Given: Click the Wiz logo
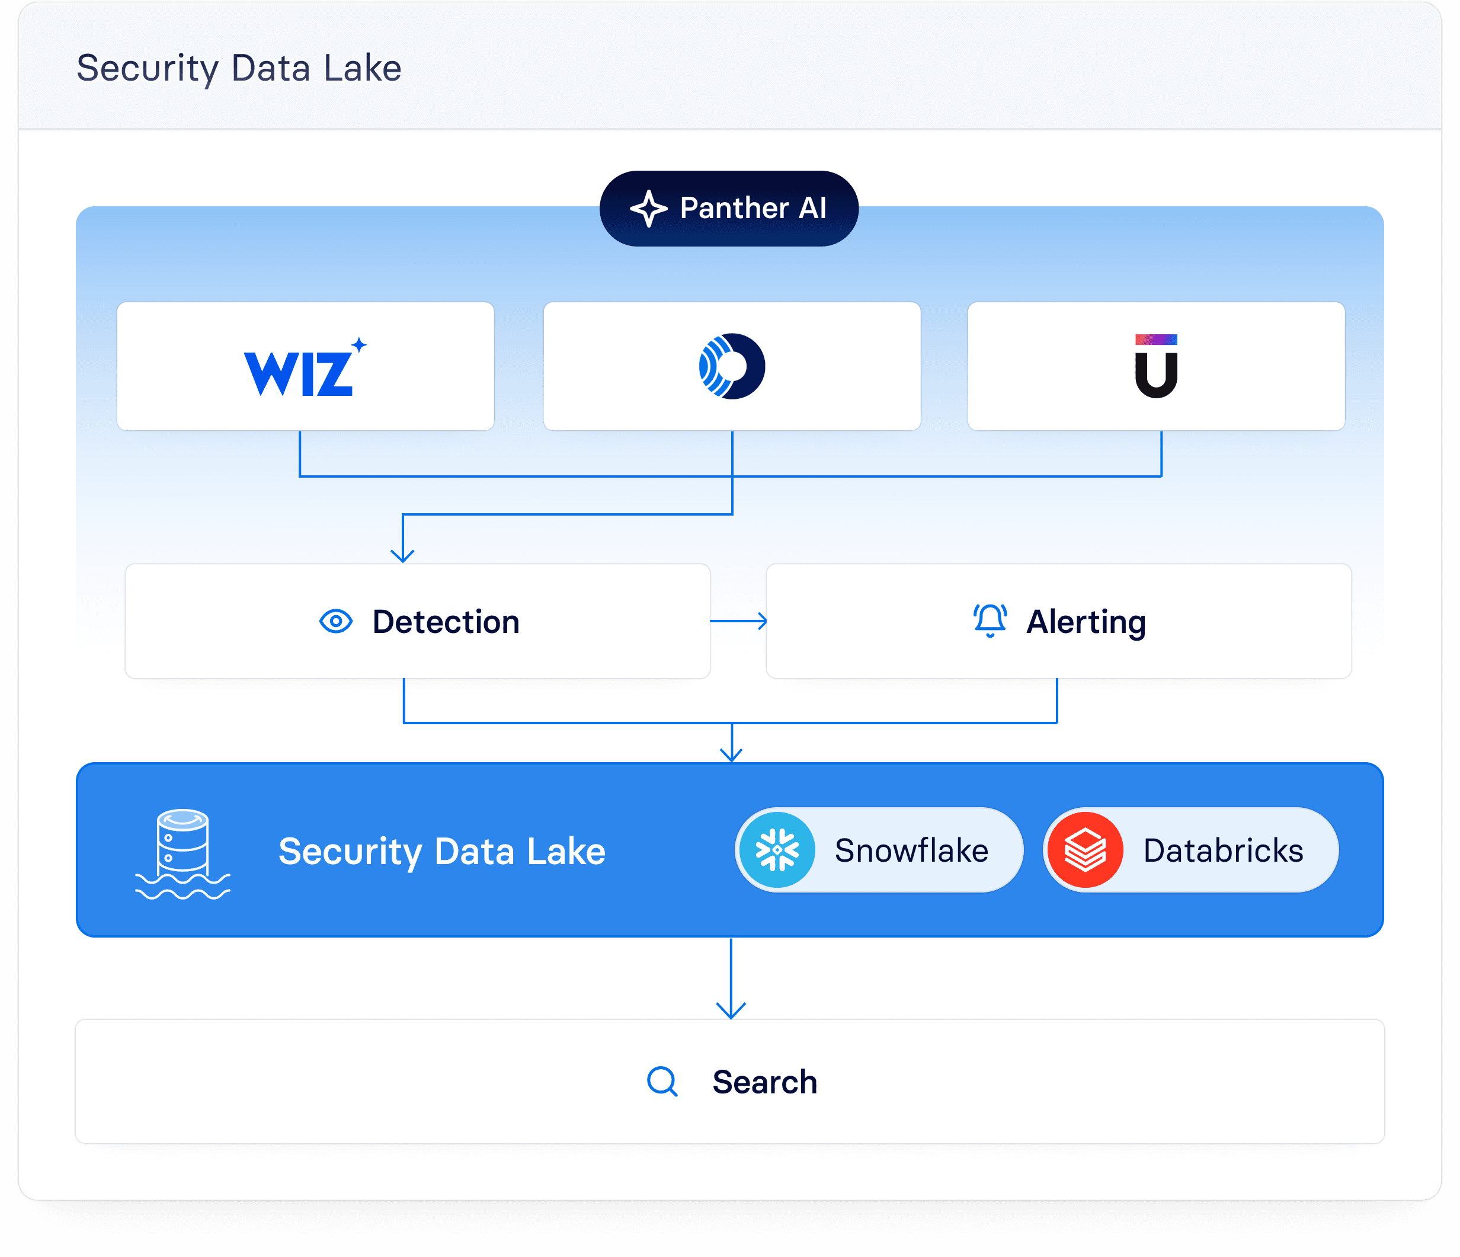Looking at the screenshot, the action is (303, 369).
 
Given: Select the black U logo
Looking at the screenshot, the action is (1155, 366).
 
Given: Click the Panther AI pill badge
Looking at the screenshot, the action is (729, 209).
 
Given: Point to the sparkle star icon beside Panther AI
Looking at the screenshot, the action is (648, 209).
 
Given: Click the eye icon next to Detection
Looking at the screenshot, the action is (336, 622).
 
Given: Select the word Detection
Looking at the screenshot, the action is (446, 622).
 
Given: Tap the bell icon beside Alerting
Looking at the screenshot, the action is (990, 620).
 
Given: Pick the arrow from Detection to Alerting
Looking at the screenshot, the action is (738, 622).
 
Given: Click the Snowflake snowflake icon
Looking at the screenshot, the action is (777, 850).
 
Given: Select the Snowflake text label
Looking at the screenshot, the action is (911, 850).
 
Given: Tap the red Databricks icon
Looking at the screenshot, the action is (1085, 850).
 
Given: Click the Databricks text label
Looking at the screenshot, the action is (1223, 850).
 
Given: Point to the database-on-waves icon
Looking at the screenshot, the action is (182, 853).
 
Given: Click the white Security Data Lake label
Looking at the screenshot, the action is (442, 851).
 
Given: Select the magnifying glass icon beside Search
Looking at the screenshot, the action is (662, 1082).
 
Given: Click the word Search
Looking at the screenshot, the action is (764, 1082).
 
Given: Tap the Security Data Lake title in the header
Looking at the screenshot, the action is (239, 68).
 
